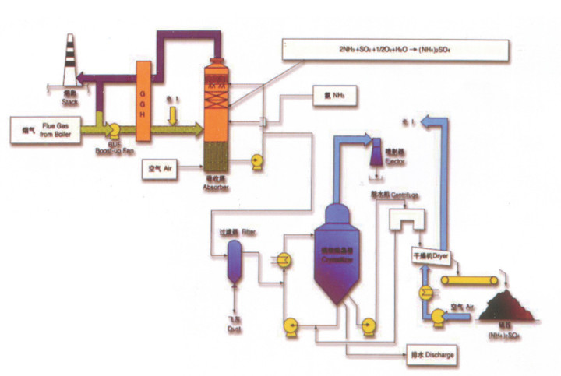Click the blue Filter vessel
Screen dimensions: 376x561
click(x=234, y=260)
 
